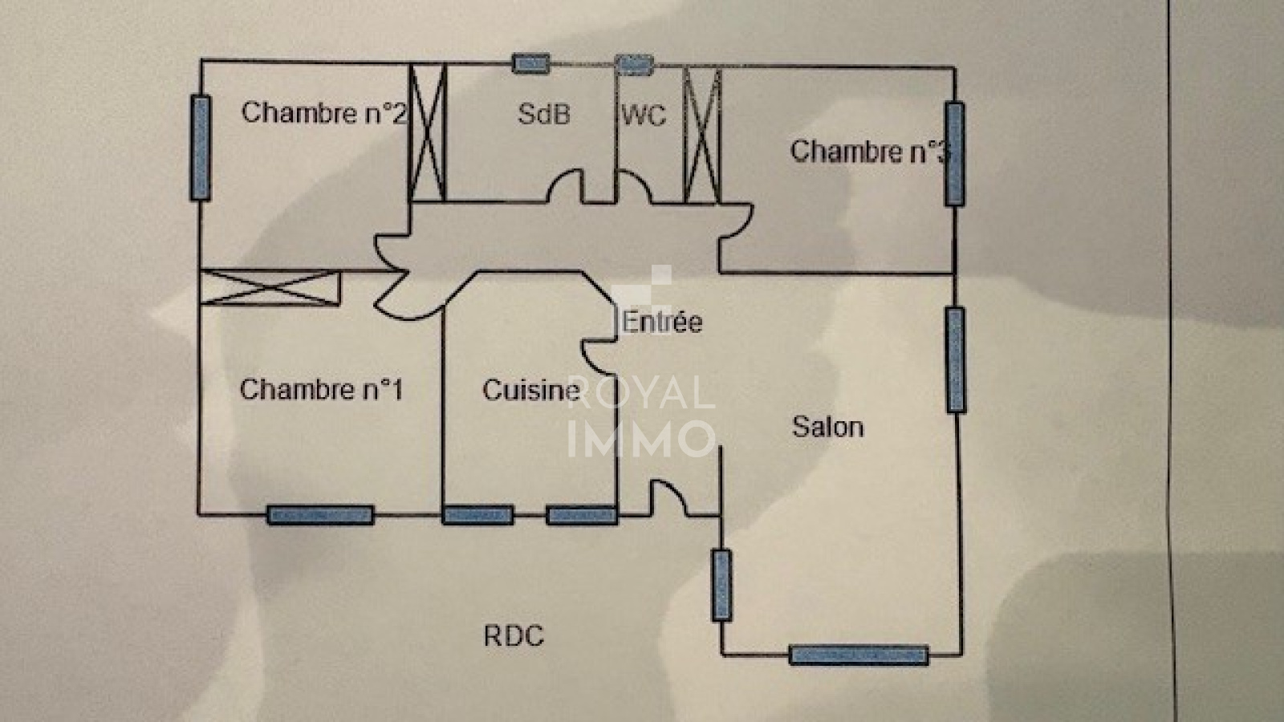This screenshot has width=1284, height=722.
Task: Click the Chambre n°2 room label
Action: (x=323, y=112)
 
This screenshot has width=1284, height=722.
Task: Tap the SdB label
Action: (x=543, y=114)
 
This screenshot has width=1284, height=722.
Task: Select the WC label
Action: (x=644, y=116)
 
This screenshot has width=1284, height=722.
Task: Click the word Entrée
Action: (x=662, y=322)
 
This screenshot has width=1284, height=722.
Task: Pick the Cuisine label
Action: (x=530, y=390)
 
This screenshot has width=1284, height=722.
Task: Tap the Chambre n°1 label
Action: (x=321, y=390)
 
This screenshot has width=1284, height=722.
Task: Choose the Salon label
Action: (x=827, y=426)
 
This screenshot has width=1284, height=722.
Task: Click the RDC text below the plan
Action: (x=514, y=636)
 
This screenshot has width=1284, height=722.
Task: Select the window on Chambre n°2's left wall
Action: (x=201, y=147)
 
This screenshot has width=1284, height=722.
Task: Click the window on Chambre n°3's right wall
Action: (x=954, y=153)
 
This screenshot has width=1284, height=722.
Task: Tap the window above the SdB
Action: (x=531, y=63)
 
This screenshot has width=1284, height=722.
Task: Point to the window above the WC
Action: (x=634, y=64)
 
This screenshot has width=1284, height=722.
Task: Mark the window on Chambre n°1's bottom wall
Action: (x=320, y=514)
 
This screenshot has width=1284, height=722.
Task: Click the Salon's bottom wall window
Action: (x=859, y=655)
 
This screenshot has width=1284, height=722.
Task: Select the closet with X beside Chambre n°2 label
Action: (x=427, y=133)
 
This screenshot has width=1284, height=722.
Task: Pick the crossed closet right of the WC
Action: (x=701, y=135)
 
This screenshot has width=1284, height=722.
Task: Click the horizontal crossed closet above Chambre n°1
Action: (x=270, y=287)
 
